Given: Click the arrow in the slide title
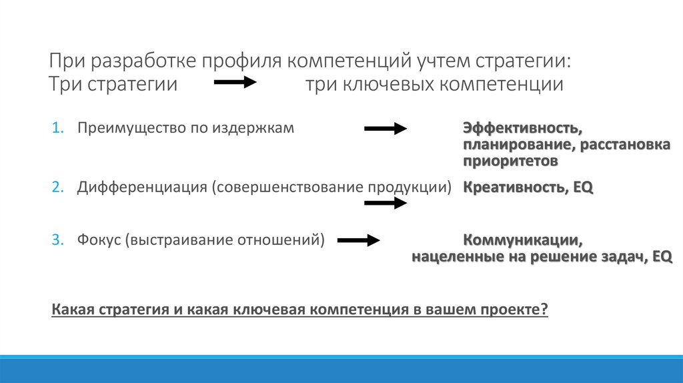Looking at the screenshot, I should pos(234,83).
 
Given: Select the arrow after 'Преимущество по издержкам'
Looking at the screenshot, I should pos(385,129).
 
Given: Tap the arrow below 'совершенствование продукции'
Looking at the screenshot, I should pos(385,203).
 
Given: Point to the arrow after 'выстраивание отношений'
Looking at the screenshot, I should pos(358,240).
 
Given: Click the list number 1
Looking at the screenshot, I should pos(57,128).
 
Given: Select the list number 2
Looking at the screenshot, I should pos(57,187).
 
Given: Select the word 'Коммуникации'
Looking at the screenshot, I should pos(516,240).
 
